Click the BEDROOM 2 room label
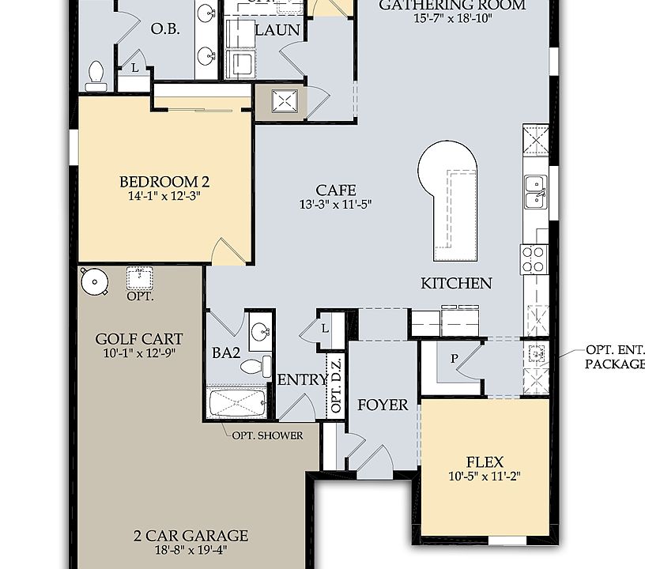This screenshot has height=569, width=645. tap(164, 182)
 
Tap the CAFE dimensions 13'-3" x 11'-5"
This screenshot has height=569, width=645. tap(335, 204)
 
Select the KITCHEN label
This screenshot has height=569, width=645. tap(456, 283)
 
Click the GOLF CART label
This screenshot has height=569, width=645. tap(139, 340)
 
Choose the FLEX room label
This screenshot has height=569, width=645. tap(485, 462)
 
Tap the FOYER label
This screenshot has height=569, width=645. tap(383, 405)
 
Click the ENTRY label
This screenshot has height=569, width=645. tap(301, 380)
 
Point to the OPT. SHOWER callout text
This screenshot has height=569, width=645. tap(267, 435)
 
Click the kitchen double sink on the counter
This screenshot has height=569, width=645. tap(535, 190)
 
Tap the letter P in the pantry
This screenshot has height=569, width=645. tap(455, 358)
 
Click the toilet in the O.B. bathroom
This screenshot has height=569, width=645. tap(96, 73)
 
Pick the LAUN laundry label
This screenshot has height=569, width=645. tap(277, 30)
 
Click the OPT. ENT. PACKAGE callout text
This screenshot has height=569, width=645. tap(615, 356)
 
